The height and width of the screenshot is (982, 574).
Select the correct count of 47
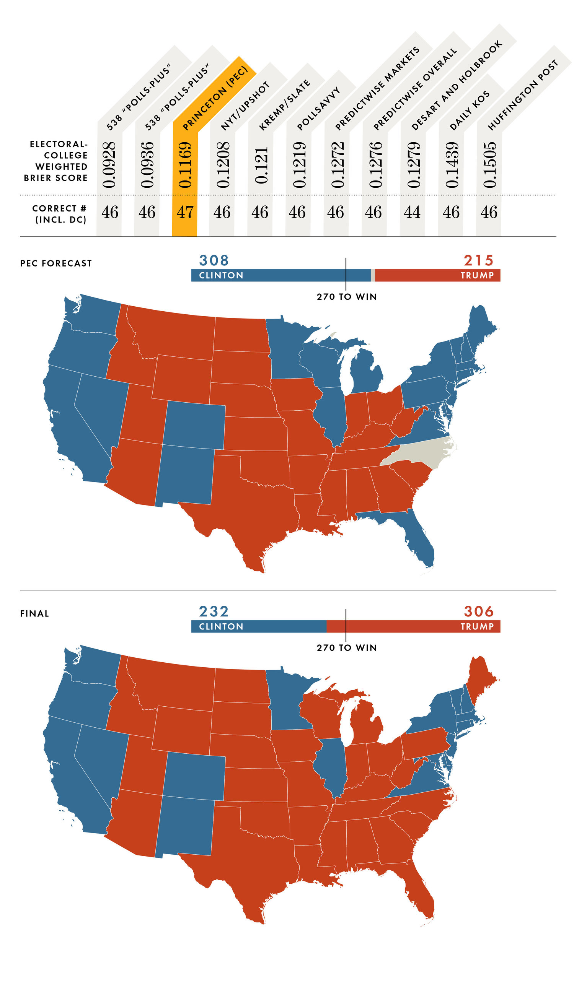(185, 212)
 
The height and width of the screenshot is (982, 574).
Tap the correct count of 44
(412, 212)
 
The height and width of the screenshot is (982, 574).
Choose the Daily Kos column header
(470, 111)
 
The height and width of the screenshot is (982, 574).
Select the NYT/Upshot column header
(245, 106)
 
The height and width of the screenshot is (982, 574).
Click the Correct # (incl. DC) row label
(60, 214)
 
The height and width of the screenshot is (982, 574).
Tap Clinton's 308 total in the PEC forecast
(214, 260)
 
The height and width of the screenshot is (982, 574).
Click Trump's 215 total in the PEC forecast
(478, 260)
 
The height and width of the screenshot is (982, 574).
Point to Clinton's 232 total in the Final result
(214, 611)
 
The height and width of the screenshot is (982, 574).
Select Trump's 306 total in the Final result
(478, 611)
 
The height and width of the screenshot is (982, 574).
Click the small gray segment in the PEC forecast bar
(373, 275)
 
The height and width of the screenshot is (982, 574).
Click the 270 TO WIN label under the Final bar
(347, 648)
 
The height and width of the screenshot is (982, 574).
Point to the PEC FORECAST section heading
(56, 263)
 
